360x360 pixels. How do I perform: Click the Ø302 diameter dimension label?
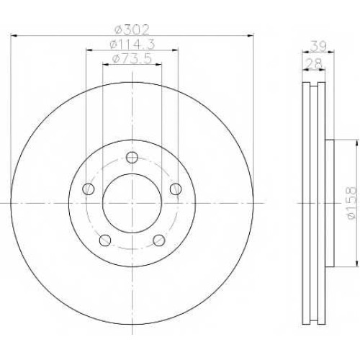(x=132, y=30)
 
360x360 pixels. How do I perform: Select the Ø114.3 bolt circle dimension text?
(x=132, y=45)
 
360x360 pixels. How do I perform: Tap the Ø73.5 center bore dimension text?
(x=132, y=58)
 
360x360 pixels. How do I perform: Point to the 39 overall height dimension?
(x=318, y=46)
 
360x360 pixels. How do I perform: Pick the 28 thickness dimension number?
(x=315, y=64)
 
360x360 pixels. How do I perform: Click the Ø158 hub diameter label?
(x=351, y=203)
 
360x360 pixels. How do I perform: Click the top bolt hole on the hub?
(x=132, y=158)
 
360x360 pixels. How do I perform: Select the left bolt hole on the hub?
(x=88, y=189)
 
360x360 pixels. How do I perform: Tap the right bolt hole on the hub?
(x=176, y=189)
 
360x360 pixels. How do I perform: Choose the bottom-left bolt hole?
(x=105, y=240)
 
